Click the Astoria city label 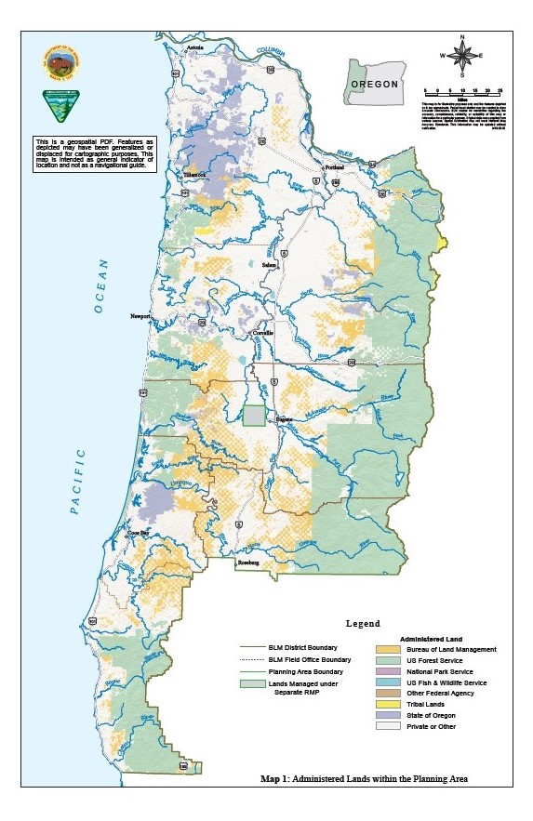pos(193,46)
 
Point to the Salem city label pos(271,266)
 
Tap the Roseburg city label pos(247,563)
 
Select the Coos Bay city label pos(139,533)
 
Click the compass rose pos(462,54)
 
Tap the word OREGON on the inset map pos(375,84)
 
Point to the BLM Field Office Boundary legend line pos(258,659)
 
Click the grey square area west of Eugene pos(253,416)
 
